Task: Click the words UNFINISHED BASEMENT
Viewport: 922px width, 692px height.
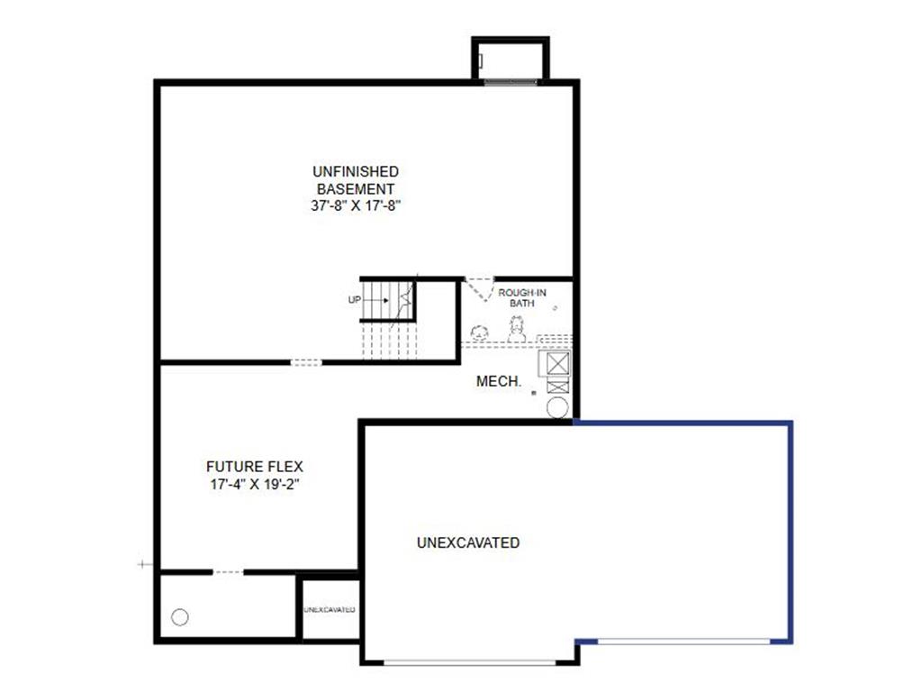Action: pos(355,179)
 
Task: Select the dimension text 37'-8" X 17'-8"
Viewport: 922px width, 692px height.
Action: pos(355,205)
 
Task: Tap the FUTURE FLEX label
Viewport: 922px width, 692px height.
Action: pos(255,467)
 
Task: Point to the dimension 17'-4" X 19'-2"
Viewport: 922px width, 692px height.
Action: pos(255,484)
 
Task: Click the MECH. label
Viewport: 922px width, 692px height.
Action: pos(499,382)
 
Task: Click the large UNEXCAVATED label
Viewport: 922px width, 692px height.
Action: pos(468,543)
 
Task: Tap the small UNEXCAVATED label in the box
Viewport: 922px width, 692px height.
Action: pos(329,610)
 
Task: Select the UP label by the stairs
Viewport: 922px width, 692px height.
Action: pos(354,299)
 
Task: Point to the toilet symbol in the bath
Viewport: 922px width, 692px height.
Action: pos(517,331)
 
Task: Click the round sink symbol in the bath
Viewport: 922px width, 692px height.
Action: pos(480,332)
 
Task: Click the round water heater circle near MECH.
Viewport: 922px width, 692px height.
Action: pos(558,408)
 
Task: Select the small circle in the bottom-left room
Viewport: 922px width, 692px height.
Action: pos(179,617)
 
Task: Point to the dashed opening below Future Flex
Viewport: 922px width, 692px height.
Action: pos(228,571)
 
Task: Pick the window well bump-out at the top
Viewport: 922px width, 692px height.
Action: pos(511,60)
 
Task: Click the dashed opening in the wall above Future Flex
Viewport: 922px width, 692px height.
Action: pos(306,362)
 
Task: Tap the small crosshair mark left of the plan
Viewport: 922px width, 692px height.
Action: pos(142,564)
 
